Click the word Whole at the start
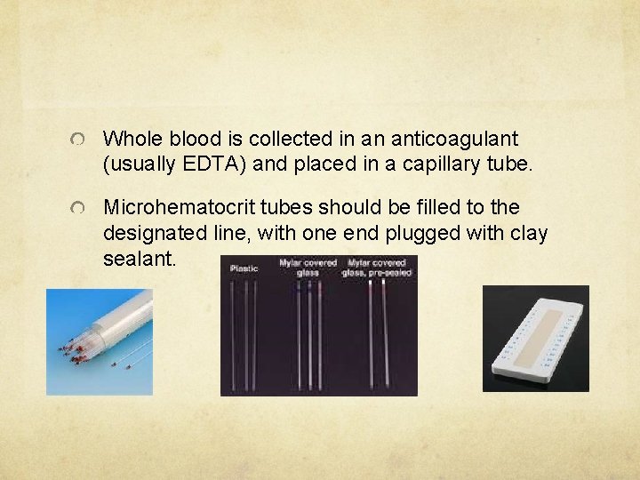(129, 139)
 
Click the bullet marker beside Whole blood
(80, 140)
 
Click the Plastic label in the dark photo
(244, 268)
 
